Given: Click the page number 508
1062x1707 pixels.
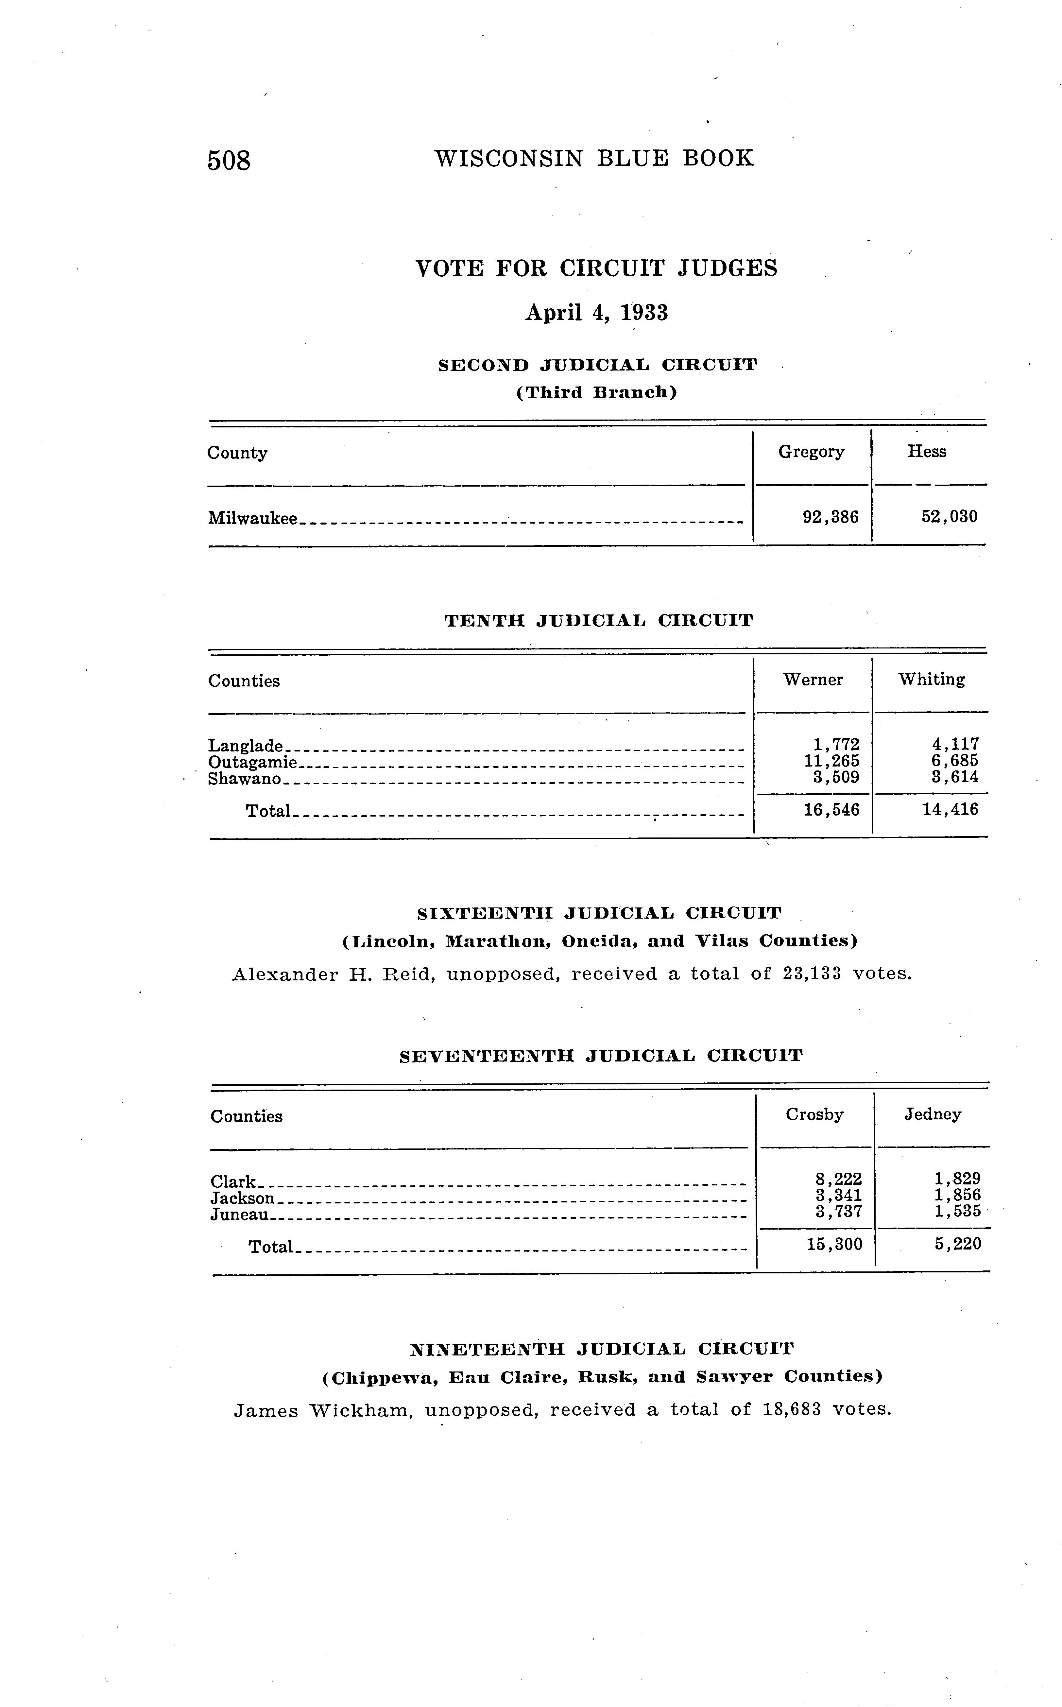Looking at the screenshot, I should click(x=229, y=161).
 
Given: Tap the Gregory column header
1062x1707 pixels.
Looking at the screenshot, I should click(x=811, y=452).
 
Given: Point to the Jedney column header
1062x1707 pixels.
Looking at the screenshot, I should click(x=932, y=1114).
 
